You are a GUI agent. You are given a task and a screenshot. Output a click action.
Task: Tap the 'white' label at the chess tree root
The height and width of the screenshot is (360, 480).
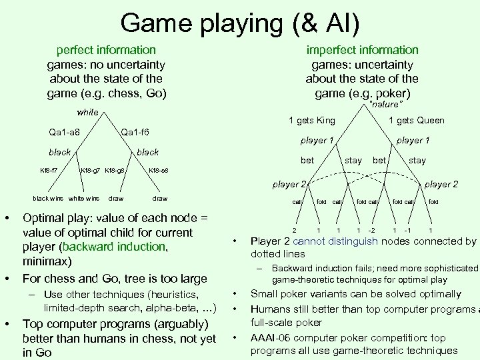click(87, 112)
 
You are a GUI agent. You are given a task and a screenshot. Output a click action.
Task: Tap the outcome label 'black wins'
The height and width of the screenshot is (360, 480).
click(49, 198)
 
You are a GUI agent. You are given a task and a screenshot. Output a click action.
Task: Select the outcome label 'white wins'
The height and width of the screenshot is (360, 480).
click(84, 198)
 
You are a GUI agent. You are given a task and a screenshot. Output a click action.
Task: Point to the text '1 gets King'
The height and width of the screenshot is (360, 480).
click(311, 120)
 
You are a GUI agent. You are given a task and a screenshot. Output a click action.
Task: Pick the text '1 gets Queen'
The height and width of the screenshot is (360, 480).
click(416, 120)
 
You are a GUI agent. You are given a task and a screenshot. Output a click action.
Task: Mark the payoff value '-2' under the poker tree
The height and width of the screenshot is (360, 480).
click(371, 230)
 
